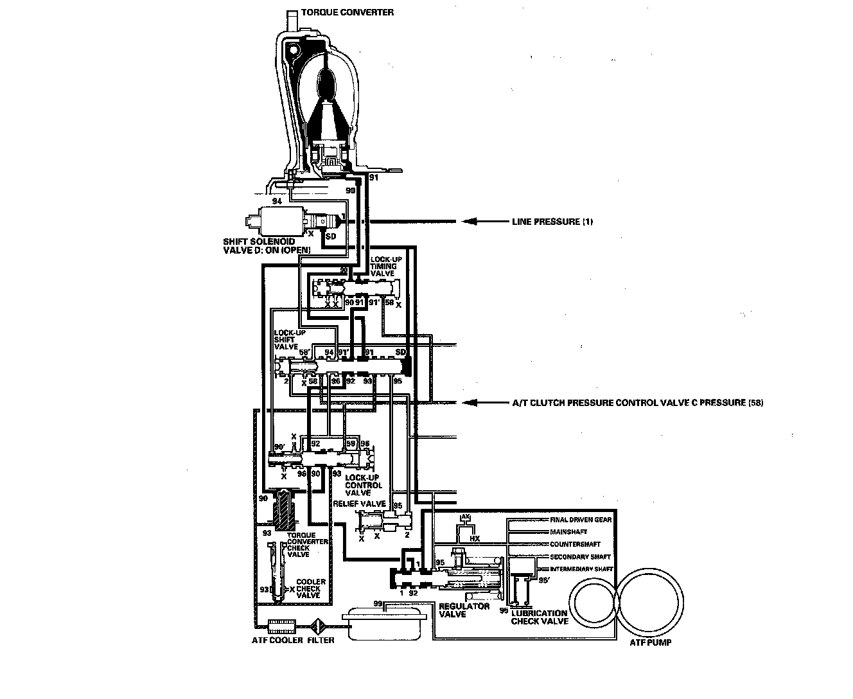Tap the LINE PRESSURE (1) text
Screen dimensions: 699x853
[x=552, y=222]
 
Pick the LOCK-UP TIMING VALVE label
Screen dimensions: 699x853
[x=386, y=266]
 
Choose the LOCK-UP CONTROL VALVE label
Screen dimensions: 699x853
[x=363, y=485]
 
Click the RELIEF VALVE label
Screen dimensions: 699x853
[x=359, y=504]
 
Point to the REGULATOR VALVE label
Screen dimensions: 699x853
[x=464, y=610]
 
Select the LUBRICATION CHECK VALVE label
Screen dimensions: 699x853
[x=539, y=617]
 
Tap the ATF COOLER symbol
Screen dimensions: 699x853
[x=280, y=625]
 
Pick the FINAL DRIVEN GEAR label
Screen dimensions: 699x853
[x=581, y=520]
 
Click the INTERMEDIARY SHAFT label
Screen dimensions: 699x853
[x=581, y=569]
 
